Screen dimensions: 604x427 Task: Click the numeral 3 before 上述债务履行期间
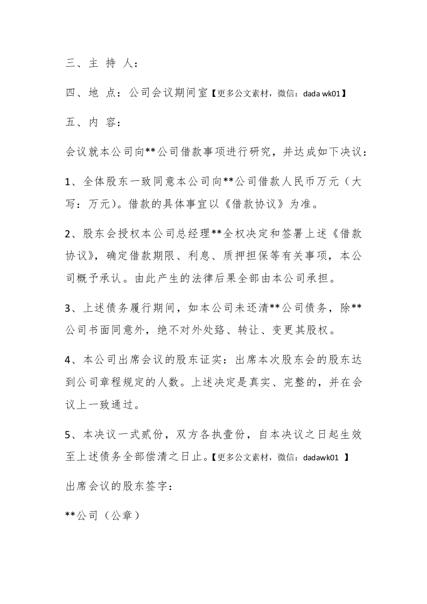click(x=68, y=308)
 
